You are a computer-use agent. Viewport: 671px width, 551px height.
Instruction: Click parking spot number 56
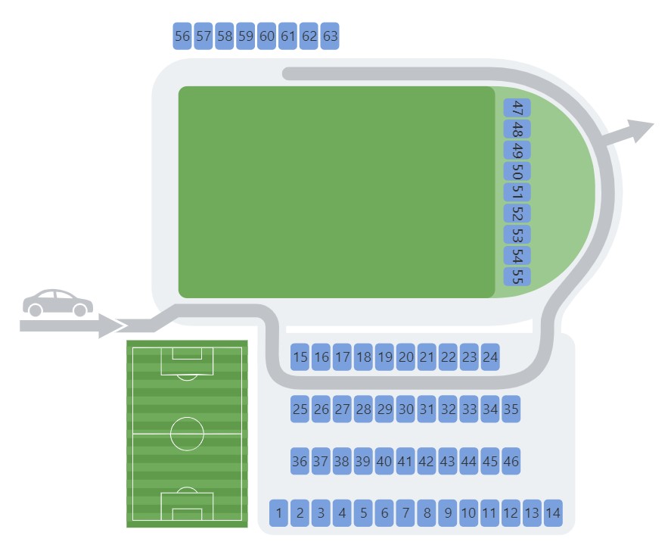point(182,36)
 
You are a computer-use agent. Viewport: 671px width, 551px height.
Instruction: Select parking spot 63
point(330,36)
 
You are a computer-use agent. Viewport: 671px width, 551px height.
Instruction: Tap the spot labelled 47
point(517,108)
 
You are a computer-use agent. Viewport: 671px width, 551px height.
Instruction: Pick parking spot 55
point(517,276)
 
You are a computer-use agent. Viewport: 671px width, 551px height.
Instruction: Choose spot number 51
point(517,192)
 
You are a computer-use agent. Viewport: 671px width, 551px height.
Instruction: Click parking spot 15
point(300,357)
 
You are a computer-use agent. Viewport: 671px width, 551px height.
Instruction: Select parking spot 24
point(490,357)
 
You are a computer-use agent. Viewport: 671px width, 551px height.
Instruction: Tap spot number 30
point(405,409)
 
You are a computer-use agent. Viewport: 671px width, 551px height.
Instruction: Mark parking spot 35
point(511,409)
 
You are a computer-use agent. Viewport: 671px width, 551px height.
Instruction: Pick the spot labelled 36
point(300,461)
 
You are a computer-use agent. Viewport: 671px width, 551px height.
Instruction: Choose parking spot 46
point(511,461)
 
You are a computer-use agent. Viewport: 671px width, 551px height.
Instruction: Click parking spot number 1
point(278,513)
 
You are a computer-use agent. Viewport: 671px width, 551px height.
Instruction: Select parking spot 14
point(553,513)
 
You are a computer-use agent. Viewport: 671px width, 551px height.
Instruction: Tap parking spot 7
point(405,513)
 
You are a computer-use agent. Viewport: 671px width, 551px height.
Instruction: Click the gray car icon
point(57,303)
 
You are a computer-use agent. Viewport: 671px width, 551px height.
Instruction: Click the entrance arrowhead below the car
point(110,325)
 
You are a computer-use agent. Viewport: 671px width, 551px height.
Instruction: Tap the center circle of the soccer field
point(187,434)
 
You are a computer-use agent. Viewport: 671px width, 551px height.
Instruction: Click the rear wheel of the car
point(35,310)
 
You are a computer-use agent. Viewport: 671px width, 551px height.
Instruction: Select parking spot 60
point(266,36)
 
